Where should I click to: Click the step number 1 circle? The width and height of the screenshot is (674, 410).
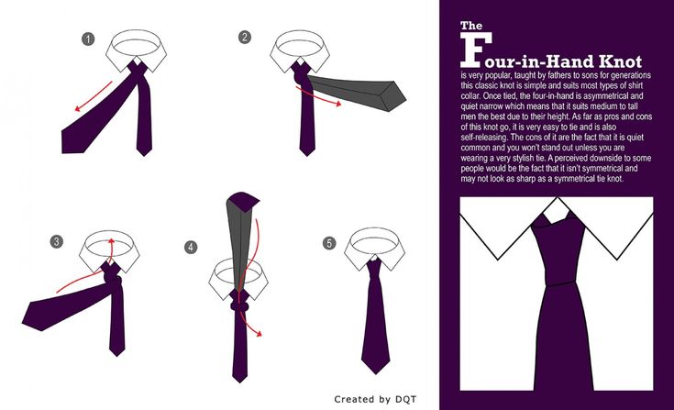(88, 39)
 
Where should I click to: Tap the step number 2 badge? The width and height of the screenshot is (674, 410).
(245, 37)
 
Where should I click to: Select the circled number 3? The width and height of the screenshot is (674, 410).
(56, 241)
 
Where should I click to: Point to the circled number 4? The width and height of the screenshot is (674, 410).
(191, 247)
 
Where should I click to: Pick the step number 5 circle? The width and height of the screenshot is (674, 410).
(329, 243)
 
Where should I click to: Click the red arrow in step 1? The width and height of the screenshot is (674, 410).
(94, 96)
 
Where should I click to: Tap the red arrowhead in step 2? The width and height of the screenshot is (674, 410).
(338, 104)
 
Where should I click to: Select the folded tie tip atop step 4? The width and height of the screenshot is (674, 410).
(244, 201)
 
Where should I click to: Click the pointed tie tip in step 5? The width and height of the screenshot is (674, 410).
(376, 368)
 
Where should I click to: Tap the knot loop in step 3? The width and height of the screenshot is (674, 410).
(114, 283)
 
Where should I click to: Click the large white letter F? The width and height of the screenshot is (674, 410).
(475, 50)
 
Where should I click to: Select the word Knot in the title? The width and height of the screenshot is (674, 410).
(620, 61)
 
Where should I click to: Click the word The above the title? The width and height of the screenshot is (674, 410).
(471, 26)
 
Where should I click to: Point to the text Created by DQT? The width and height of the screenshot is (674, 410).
(375, 399)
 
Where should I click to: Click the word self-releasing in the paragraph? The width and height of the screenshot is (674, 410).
(484, 138)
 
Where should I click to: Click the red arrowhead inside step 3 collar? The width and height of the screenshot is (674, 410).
(111, 240)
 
